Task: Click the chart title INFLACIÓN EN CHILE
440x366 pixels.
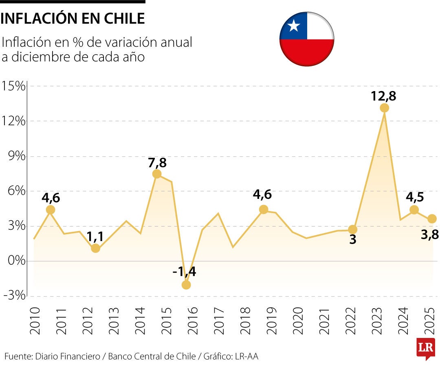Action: [73, 19]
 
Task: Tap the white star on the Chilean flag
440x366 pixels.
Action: [293, 26]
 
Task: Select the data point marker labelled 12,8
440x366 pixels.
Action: [384, 108]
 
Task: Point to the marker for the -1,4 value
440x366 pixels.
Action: [186, 285]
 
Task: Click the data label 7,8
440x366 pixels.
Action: [157, 162]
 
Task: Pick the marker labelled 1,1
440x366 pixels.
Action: [95, 248]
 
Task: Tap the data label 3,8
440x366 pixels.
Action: [429, 234]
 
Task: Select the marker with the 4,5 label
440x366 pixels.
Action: [414, 209]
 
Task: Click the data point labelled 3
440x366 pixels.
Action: [353, 230]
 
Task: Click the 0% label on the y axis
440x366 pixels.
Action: [16, 261]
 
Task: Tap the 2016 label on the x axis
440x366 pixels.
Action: [192, 320]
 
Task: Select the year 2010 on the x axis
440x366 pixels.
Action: [35, 320]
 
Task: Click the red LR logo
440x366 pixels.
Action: [425, 348]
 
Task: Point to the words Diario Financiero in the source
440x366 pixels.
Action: [68, 357]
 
